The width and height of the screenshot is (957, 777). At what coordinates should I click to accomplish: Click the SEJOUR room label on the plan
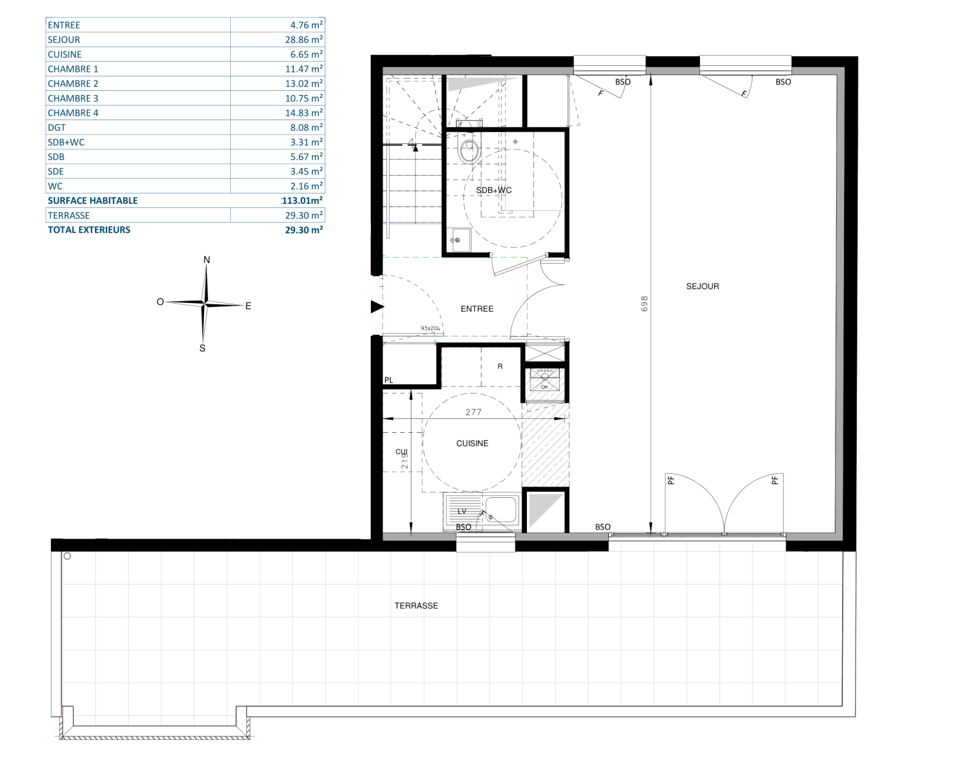tap(702, 286)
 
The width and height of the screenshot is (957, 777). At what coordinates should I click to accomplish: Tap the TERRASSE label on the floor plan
tap(416, 605)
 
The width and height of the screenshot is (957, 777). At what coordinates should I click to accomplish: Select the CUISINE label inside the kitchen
tap(472, 443)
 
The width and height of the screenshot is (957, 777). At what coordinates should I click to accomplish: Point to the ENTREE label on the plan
tap(477, 309)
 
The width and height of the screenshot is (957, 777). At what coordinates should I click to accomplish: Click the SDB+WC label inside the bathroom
tap(494, 190)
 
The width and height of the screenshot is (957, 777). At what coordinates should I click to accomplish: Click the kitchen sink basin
tap(501, 510)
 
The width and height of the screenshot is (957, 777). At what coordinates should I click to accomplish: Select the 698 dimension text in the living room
tap(644, 304)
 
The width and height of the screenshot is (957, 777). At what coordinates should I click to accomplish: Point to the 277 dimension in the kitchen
tap(474, 412)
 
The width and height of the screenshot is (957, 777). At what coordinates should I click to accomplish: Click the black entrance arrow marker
tap(377, 307)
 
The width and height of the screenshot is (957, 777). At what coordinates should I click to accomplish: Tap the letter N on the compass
tap(207, 260)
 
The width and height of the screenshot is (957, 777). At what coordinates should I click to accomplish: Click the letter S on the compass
tap(202, 348)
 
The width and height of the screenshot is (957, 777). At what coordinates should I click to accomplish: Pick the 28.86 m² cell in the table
tap(304, 39)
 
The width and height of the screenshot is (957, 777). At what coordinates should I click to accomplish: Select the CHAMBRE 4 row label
tap(73, 113)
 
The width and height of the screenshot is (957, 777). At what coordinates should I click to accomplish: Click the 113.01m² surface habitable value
tap(302, 201)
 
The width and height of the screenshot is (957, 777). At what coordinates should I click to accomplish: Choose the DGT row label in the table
tap(57, 127)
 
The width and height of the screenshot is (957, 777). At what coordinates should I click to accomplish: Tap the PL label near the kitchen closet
tap(389, 380)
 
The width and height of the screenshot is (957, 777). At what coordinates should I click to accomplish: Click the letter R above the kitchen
tap(500, 366)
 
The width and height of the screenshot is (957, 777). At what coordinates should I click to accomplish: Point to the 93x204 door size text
tap(431, 328)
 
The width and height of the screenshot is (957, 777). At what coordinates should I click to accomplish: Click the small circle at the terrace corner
tap(68, 556)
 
